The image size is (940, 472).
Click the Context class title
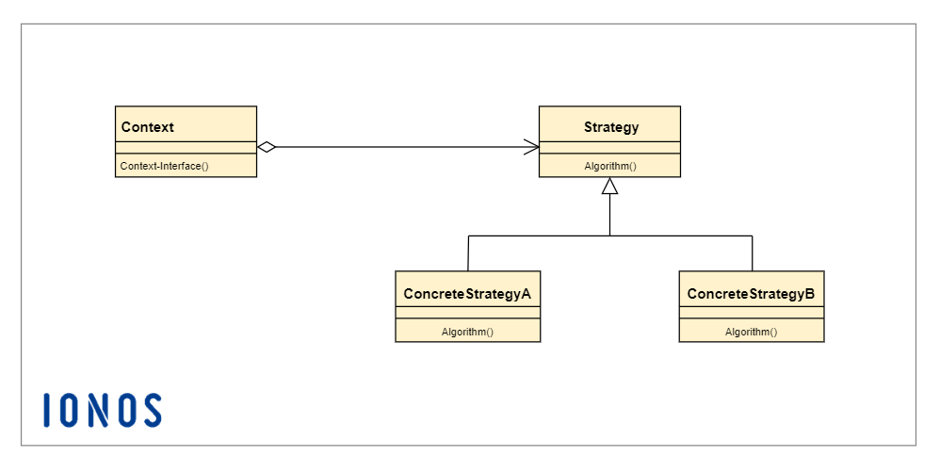(x=148, y=127)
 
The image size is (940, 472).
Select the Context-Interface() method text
(x=164, y=166)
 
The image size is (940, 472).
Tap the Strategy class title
(x=610, y=127)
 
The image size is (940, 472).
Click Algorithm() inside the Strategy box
(x=610, y=166)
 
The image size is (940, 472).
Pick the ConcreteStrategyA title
(x=467, y=293)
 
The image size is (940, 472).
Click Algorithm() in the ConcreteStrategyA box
(x=467, y=332)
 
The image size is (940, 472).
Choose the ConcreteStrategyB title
(x=751, y=293)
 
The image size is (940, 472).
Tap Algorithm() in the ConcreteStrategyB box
(x=751, y=332)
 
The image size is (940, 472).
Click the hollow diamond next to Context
(x=267, y=147)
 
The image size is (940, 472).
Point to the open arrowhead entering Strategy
(x=531, y=147)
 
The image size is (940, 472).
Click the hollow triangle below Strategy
(x=610, y=187)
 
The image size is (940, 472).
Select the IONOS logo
(x=103, y=410)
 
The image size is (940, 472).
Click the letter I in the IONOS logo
(x=47, y=410)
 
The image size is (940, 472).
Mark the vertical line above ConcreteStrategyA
(x=468, y=252)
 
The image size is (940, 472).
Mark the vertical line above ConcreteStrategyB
(x=752, y=252)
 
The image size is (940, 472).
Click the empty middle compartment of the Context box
(x=186, y=147)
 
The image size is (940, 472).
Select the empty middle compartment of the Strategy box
(x=609, y=147)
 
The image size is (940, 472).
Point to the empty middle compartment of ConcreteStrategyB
(x=751, y=314)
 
